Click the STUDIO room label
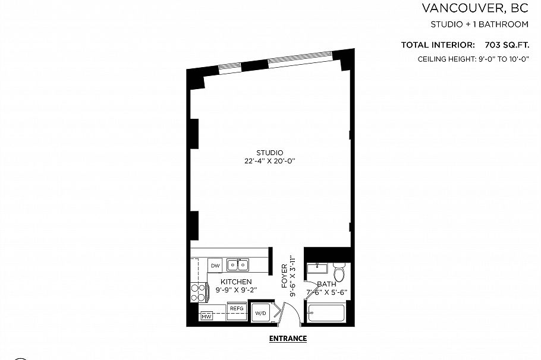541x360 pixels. pos(269,152)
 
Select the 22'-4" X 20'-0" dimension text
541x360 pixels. pos(269,161)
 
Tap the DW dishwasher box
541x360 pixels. pos(215,266)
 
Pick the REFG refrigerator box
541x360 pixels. pos(237,309)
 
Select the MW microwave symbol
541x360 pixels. pos(206,315)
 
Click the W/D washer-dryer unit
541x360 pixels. pos(260,312)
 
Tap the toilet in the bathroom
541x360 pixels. pos(339,273)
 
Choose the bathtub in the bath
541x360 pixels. pos(327,312)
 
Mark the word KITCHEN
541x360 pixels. pos(236,282)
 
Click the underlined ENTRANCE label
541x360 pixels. pos(288,339)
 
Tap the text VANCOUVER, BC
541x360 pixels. pos(475,8)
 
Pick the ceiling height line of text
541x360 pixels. pos(473,59)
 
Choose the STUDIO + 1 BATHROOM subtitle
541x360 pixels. pos(479,24)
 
